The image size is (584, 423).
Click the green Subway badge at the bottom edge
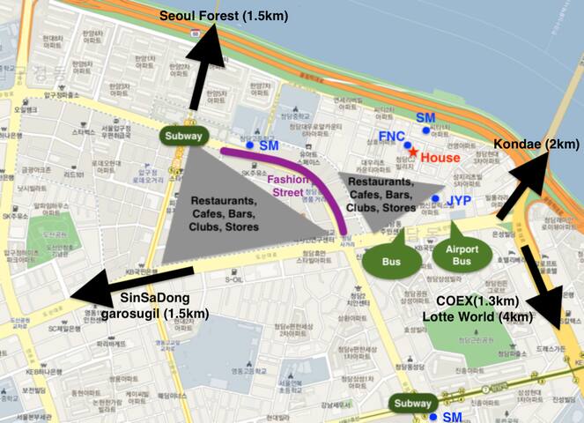pyautogui.click(x=412, y=405)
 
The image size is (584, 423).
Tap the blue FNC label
pyautogui.click(x=391, y=137)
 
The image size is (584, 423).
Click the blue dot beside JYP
pyautogui.click(x=436, y=199)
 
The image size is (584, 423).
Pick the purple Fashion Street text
pyautogui.click(x=289, y=183)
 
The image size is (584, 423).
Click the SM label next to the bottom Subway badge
pyautogui.click(x=452, y=416)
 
